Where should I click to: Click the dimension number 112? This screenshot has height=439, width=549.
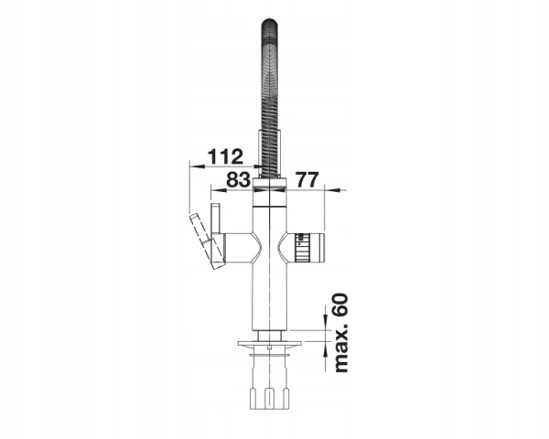225,156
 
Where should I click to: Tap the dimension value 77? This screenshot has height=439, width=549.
307,180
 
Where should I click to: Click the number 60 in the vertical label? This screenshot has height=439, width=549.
340,306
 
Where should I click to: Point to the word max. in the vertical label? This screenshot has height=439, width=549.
342,348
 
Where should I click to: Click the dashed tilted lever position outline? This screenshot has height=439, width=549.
207,241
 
